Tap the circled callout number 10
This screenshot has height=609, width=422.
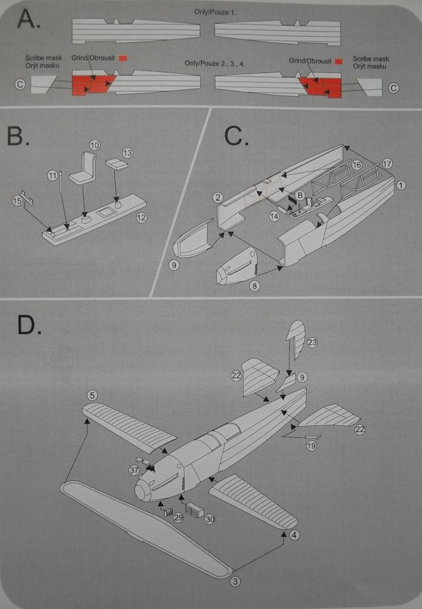point(94,144)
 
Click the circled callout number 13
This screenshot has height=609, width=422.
point(127,153)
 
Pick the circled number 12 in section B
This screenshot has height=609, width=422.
point(140,217)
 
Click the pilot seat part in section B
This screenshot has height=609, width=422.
point(87,170)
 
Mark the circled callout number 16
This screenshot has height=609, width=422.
point(357,164)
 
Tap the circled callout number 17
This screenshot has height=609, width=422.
point(387,163)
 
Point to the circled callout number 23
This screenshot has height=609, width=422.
point(312,342)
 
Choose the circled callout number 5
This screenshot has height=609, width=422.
point(92,395)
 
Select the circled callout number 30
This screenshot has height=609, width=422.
point(210,519)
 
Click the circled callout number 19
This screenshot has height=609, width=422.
point(311,446)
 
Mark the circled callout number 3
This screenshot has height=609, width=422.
point(235,581)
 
